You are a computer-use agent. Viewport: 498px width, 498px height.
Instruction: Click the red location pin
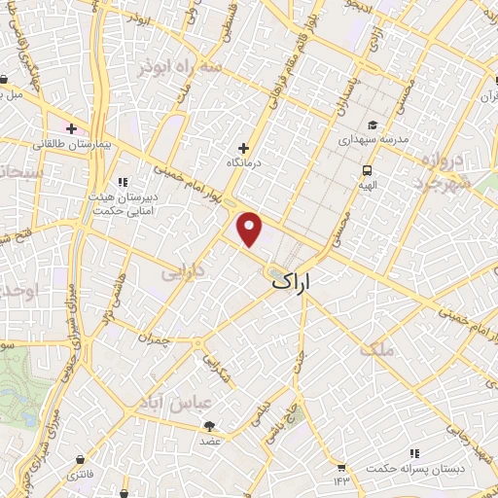click(x=250, y=230)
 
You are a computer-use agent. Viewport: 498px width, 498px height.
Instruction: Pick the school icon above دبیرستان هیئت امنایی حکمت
click(x=123, y=181)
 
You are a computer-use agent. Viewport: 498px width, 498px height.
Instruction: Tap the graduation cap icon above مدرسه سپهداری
click(x=373, y=124)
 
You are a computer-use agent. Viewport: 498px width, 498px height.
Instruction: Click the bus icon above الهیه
click(x=366, y=168)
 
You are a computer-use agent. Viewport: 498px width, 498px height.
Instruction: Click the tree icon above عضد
click(x=210, y=424)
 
